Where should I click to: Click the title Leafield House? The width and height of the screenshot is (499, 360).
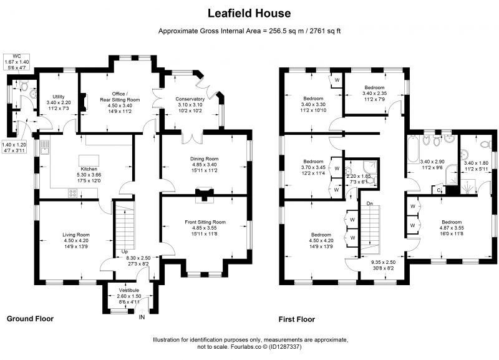point(249,13)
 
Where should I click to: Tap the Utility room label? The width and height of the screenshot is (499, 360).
point(59,97)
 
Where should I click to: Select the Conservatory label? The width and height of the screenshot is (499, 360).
point(190,99)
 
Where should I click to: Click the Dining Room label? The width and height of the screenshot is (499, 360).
point(205,158)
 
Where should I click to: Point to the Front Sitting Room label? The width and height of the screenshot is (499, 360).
point(205,222)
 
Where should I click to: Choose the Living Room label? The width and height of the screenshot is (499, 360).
point(76,235)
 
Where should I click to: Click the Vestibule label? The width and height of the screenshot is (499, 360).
point(129,290)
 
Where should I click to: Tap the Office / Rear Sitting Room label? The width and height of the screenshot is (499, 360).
point(120,97)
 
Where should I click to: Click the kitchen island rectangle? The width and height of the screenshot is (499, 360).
point(89,160)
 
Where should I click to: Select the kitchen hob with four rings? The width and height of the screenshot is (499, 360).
point(73,193)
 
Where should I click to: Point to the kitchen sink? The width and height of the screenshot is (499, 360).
point(44,147)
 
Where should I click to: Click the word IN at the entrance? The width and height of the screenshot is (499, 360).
point(142,317)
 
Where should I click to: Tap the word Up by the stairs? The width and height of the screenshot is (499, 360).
point(124,251)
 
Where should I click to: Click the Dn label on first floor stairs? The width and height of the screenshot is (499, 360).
point(369,203)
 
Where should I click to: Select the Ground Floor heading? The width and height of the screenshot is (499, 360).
point(30,319)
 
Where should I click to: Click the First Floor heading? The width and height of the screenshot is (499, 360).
point(297,319)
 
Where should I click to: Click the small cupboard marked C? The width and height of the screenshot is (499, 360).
point(439,190)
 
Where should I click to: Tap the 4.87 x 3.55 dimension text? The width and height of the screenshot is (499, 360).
point(452,228)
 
